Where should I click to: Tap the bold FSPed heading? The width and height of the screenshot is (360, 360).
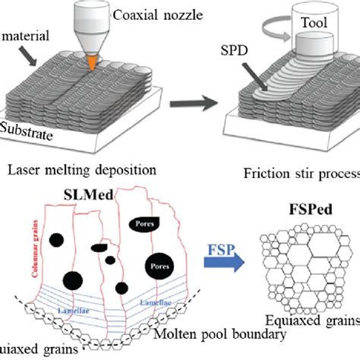coord(302,229)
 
